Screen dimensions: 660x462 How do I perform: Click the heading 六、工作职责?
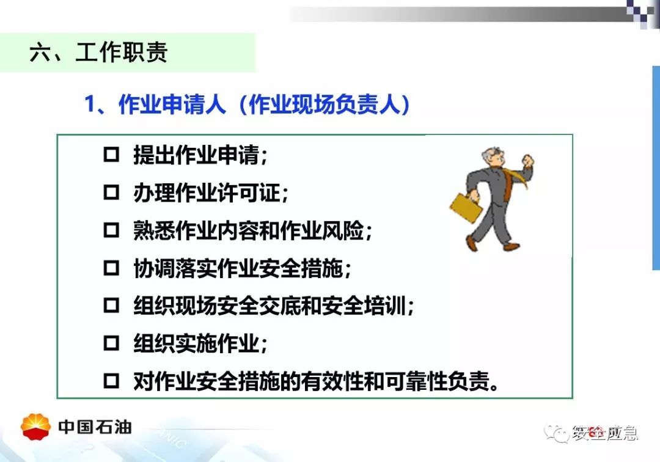[98, 53]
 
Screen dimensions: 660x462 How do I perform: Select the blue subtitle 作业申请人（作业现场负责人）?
[247, 104]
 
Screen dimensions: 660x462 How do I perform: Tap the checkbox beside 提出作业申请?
[112, 155]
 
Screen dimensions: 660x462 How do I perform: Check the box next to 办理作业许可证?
[112, 193]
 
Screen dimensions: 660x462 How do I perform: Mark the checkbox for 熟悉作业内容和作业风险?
[112, 230]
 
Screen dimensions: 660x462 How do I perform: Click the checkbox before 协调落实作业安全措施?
[112, 268]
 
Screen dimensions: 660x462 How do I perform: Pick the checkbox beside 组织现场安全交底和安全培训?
[112, 305]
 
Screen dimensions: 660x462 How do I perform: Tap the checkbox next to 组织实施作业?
[112, 343]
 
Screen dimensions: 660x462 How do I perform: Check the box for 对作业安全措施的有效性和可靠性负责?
[112, 381]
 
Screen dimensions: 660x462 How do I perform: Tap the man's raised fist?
[528, 160]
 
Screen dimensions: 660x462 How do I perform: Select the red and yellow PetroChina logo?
[36, 427]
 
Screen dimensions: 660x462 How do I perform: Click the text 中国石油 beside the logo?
[95, 427]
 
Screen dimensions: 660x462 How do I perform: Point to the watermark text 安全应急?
[605, 433]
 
